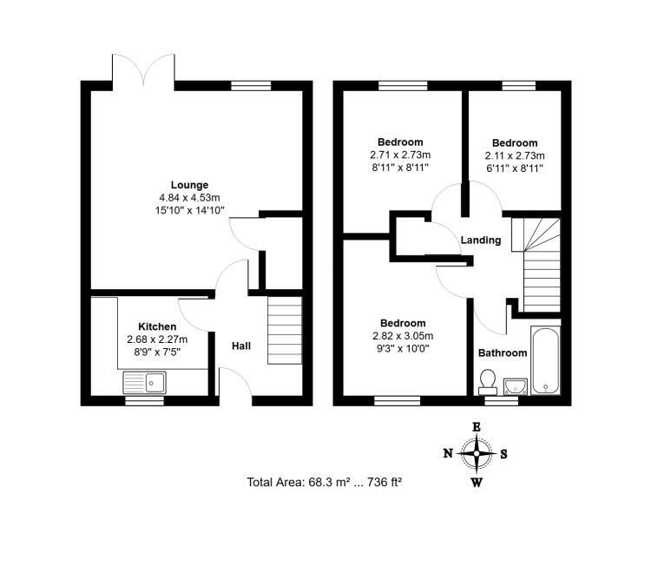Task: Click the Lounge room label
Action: pyautogui.click(x=189, y=185)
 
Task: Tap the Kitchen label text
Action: pyautogui.click(x=157, y=326)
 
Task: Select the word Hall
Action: pyautogui.click(x=241, y=346)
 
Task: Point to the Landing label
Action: pyautogui.click(x=481, y=240)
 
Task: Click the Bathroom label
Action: pyautogui.click(x=503, y=353)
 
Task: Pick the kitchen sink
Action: pyautogui.click(x=144, y=382)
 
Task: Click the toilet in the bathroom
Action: pyautogui.click(x=488, y=382)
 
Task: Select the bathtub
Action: pyautogui.click(x=546, y=360)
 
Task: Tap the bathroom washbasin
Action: pyautogui.click(x=516, y=386)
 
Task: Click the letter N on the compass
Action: pyautogui.click(x=448, y=453)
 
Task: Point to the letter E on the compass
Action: pyautogui.click(x=477, y=427)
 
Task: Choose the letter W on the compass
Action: pyautogui.click(x=477, y=482)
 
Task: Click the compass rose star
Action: pyautogui.click(x=477, y=453)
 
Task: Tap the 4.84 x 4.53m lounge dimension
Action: pyautogui.click(x=189, y=198)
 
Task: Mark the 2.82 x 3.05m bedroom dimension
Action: pyautogui.click(x=403, y=336)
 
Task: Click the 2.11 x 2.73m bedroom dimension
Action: pyautogui.click(x=515, y=155)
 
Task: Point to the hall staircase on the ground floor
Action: pyautogui.click(x=285, y=331)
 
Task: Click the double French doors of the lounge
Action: pyautogui.click(x=143, y=70)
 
